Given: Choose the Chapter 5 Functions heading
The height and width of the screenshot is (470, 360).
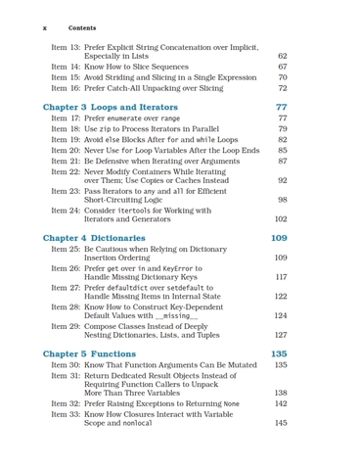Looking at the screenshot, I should pyautogui.click(x=90, y=353).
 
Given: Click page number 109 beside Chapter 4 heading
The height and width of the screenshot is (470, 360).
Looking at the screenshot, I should pyautogui.click(x=278, y=238).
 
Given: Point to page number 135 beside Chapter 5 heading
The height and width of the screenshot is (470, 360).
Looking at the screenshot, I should pyautogui.click(x=278, y=353).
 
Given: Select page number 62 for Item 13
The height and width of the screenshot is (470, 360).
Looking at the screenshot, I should pyautogui.click(x=282, y=56).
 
